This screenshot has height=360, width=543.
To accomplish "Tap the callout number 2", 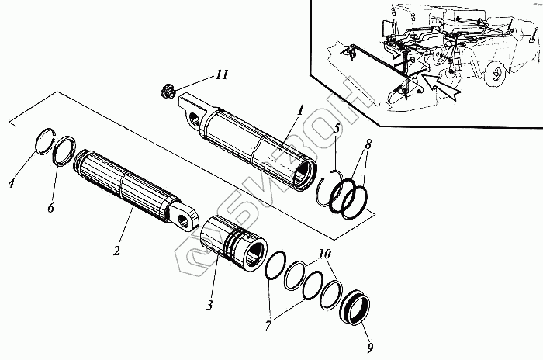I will pos(116,251).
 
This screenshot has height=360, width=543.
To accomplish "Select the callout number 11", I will pos(222,75).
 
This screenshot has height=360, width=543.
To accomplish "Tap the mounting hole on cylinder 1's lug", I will pos(192,117).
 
